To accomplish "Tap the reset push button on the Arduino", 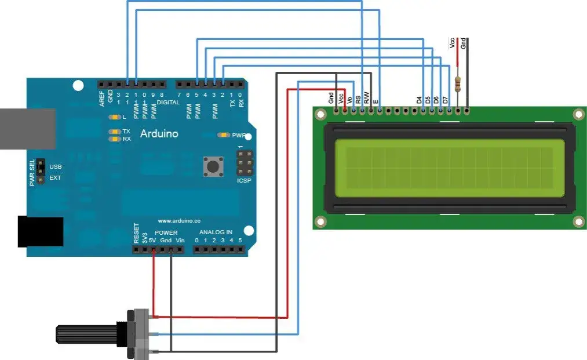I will (213, 167).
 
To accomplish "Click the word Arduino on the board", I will (159, 134).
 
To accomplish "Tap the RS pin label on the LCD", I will (358, 99).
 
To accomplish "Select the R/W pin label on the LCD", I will (367, 98).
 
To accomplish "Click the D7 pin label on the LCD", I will (445, 100).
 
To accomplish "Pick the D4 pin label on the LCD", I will (419, 100).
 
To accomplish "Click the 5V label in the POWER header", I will (153, 239).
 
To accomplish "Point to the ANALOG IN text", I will (213, 232).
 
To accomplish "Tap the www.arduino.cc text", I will (178, 221).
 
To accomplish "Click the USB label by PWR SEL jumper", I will (56, 167).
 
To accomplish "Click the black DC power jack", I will (41, 232).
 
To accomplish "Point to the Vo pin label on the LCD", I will (349, 100).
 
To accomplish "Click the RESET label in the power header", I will (137, 234).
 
